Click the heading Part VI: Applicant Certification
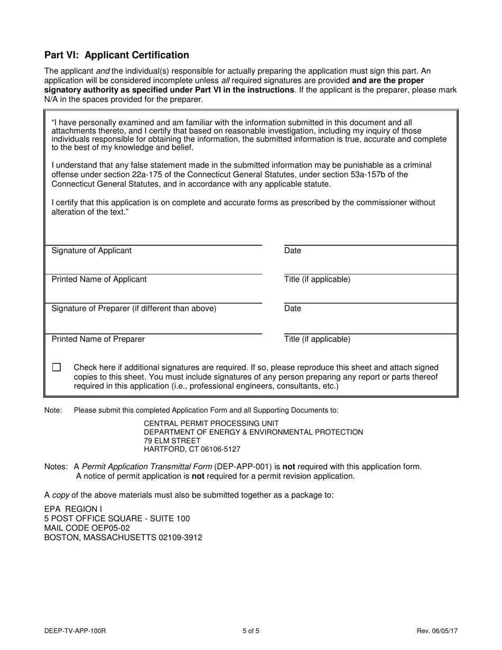pyautogui.click(x=116, y=55)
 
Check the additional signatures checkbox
pyautogui.click(x=57, y=367)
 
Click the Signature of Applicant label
pyautogui.click(x=91, y=250)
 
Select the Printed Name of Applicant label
pyautogui.click(x=99, y=279)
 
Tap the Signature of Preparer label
pyautogui.click(x=134, y=308)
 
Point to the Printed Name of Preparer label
pyautogui.click(x=98, y=339)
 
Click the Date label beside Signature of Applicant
pyautogui.click(x=292, y=250)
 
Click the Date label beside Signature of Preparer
pyautogui.click(x=292, y=308)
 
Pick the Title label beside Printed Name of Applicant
pyautogui.click(x=317, y=279)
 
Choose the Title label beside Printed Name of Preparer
pyautogui.click(x=317, y=339)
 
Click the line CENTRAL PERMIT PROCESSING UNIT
pyautogui.click(x=211, y=423)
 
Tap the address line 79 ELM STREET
pyautogui.click(x=172, y=441)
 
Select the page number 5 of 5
pyautogui.click(x=251, y=630)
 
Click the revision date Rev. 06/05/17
pyautogui.click(x=437, y=630)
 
